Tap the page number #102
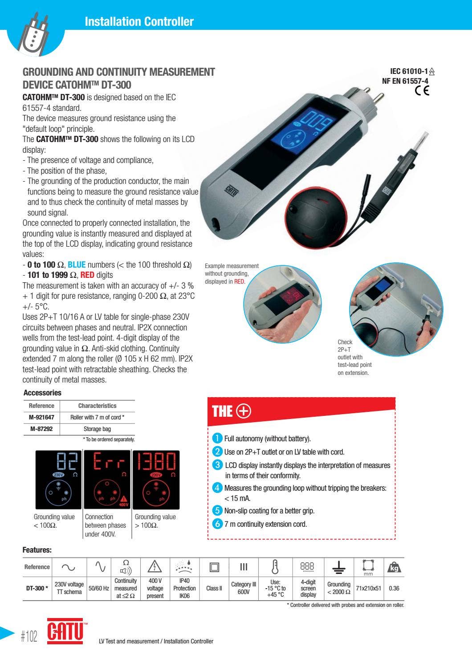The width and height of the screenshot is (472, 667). (x=29, y=637)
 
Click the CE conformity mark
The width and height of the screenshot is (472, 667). (x=421, y=91)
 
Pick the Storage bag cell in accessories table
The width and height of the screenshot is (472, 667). (x=97, y=429)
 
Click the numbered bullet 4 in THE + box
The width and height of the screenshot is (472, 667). (x=217, y=488)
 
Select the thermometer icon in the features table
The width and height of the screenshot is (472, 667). (x=275, y=567)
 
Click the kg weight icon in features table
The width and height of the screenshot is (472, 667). (x=394, y=567)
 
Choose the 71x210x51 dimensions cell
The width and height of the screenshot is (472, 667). (x=368, y=588)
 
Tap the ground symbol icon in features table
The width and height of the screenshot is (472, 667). (x=339, y=567)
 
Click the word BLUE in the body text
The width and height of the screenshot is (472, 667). (x=77, y=265)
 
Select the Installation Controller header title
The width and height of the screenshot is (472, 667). (x=139, y=21)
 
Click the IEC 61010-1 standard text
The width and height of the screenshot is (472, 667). (x=409, y=71)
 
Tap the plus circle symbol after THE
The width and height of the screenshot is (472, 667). (x=244, y=411)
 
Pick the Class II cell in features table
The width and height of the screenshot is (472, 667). (x=214, y=588)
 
